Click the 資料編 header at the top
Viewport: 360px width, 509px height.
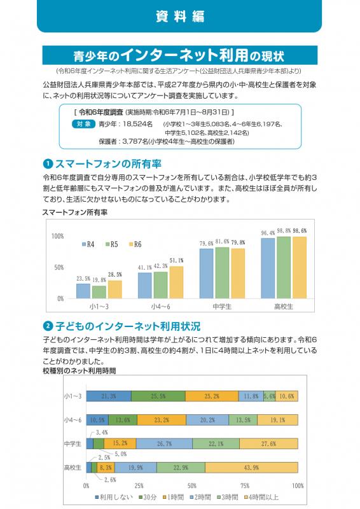pos(180,17)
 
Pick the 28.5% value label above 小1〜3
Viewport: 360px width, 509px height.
pos(114,275)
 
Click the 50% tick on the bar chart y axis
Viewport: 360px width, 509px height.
pos(58,267)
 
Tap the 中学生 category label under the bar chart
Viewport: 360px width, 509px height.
pos(221,307)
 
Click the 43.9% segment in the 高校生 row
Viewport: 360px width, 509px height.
pos(251,468)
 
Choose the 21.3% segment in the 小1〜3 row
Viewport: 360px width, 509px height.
pos(109,396)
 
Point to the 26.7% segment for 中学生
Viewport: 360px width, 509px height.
pos(164,443)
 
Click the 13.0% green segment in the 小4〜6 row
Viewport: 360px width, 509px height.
pos(123,420)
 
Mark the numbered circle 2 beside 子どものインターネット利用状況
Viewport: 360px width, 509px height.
pos(47,326)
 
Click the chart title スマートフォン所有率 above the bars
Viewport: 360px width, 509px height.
pos(74,213)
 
